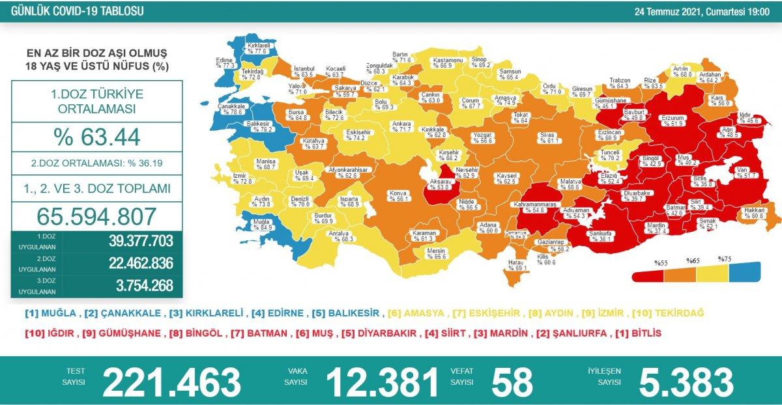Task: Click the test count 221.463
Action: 171,382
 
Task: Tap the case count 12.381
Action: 382,382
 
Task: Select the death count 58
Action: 513,382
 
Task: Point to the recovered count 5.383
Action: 686,382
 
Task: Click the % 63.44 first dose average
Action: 97,137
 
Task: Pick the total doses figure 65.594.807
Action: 97,216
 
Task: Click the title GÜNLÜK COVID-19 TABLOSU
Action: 74,11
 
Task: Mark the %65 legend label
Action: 692,260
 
